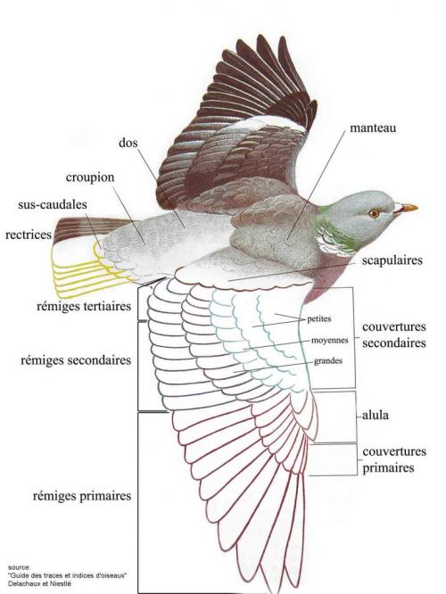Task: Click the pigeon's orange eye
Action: (x=374, y=213)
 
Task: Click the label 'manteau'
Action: (x=373, y=128)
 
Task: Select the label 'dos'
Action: (x=128, y=143)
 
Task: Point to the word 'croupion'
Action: (x=90, y=177)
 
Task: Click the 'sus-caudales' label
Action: (x=53, y=204)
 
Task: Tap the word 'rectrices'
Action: (x=29, y=235)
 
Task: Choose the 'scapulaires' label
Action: (x=392, y=260)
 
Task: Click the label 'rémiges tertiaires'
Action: (x=84, y=306)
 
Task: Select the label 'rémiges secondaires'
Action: (x=76, y=360)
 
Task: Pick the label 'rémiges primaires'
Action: (x=82, y=496)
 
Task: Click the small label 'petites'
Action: (x=319, y=319)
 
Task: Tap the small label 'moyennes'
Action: (x=330, y=341)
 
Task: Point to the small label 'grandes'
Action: (x=328, y=361)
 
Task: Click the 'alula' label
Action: (x=376, y=416)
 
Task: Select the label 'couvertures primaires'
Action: (x=394, y=459)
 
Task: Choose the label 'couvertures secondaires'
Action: (x=394, y=334)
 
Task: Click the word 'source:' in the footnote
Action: (x=19, y=567)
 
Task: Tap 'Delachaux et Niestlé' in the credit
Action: (x=39, y=584)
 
